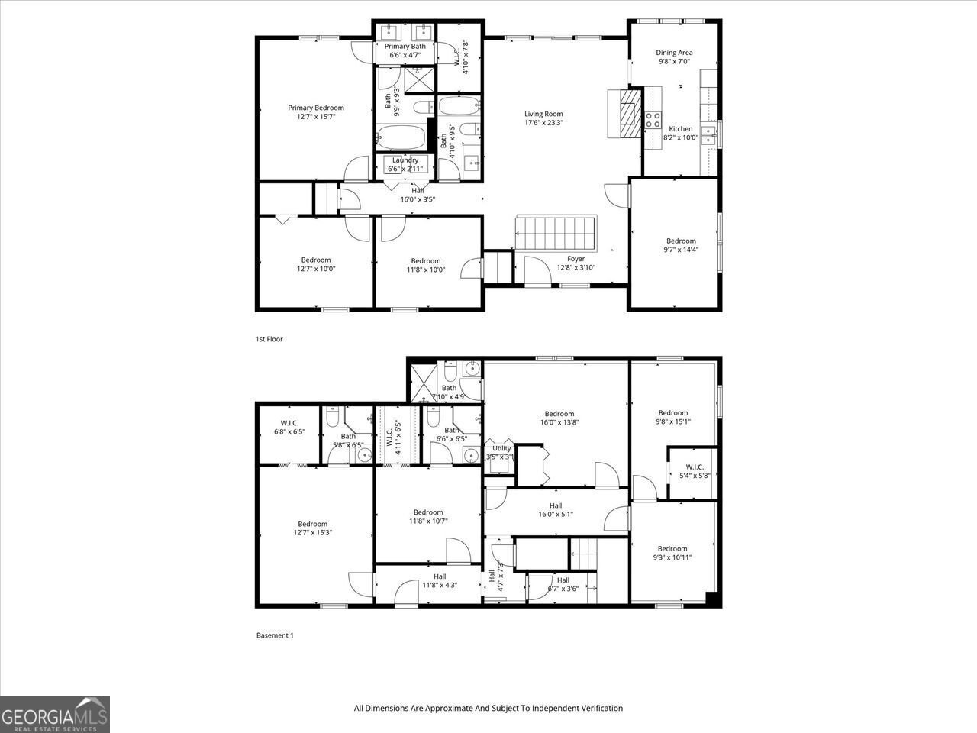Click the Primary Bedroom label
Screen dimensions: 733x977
click(315, 108)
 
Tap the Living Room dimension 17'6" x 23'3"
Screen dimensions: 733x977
click(543, 123)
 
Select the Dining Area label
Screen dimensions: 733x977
click(674, 53)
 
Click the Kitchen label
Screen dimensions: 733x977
click(681, 129)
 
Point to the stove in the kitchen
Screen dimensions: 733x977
click(653, 119)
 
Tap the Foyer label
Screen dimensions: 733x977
click(576, 259)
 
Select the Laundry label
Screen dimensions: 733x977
click(405, 160)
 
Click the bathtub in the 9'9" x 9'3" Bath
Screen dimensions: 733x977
click(400, 138)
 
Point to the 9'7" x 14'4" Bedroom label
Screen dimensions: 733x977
click(681, 241)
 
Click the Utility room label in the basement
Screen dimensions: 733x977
click(501, 448)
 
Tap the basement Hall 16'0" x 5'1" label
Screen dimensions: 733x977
click(556, 505)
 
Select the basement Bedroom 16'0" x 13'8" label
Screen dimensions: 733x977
click(559, 414)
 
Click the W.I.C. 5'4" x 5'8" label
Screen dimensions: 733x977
click(695, 467)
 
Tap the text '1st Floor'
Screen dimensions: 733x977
click(269, 339)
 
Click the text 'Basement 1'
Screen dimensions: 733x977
click(274, 635)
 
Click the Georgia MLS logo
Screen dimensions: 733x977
click(55, 715)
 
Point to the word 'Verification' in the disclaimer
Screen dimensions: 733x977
click(598, 708)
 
